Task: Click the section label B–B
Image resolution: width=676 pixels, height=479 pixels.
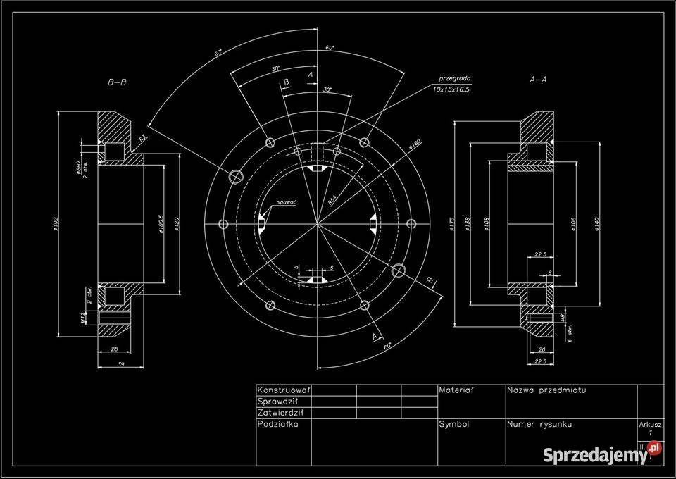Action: (x=117, y=82)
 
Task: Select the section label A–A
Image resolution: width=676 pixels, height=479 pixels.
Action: (x=538, y=80)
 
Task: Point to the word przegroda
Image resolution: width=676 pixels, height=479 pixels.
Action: (x=453, y=80)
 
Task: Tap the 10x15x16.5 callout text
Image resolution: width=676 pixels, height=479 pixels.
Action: (x=451, y=90)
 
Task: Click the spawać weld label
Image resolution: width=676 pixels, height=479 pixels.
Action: (x=287, y=202)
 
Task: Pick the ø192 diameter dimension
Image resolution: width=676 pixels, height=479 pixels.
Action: (x=55, y=224)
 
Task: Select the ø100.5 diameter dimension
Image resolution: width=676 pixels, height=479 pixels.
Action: (x=161, y=224)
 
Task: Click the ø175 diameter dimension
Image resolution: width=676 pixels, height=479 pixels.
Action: (x=451, y=224)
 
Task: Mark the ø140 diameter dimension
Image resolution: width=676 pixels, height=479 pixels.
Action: (x=596, y=224)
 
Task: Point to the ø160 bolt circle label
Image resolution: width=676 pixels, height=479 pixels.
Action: (x=415, y=147)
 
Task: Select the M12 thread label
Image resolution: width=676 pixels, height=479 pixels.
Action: (x=82, y=319)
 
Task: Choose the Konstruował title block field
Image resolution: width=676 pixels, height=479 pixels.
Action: (x=284, y=390)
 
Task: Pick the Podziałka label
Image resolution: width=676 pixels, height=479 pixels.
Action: (x=279, y=425)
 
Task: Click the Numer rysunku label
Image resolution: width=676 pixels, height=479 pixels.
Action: (x=539, y=425)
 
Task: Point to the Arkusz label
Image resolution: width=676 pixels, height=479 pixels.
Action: (x=650, y=425)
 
